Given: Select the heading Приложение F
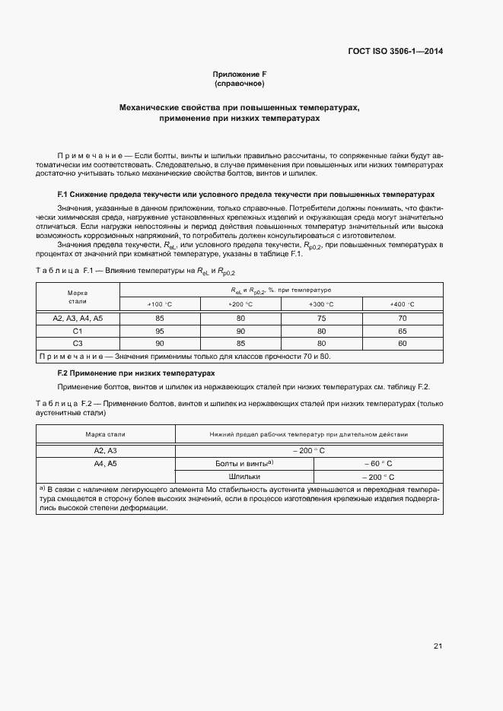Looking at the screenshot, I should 240,74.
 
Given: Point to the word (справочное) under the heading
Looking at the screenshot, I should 240,84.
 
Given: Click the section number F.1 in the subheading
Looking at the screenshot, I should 64,195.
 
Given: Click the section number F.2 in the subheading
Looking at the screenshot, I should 64,373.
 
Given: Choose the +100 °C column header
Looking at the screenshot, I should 160,304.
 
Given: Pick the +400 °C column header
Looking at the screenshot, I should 402,304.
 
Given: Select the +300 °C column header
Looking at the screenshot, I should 321,304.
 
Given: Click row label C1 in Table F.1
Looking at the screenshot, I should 78,332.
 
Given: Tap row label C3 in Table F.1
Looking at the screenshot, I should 78,344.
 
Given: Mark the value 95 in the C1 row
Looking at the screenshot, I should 160,332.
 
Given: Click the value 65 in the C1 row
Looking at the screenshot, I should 402,332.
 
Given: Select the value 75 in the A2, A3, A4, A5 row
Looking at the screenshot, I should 321,319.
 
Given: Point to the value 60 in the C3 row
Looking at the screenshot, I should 402,344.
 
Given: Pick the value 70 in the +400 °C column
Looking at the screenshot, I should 402,319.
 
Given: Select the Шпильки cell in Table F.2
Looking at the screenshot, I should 239,476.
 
